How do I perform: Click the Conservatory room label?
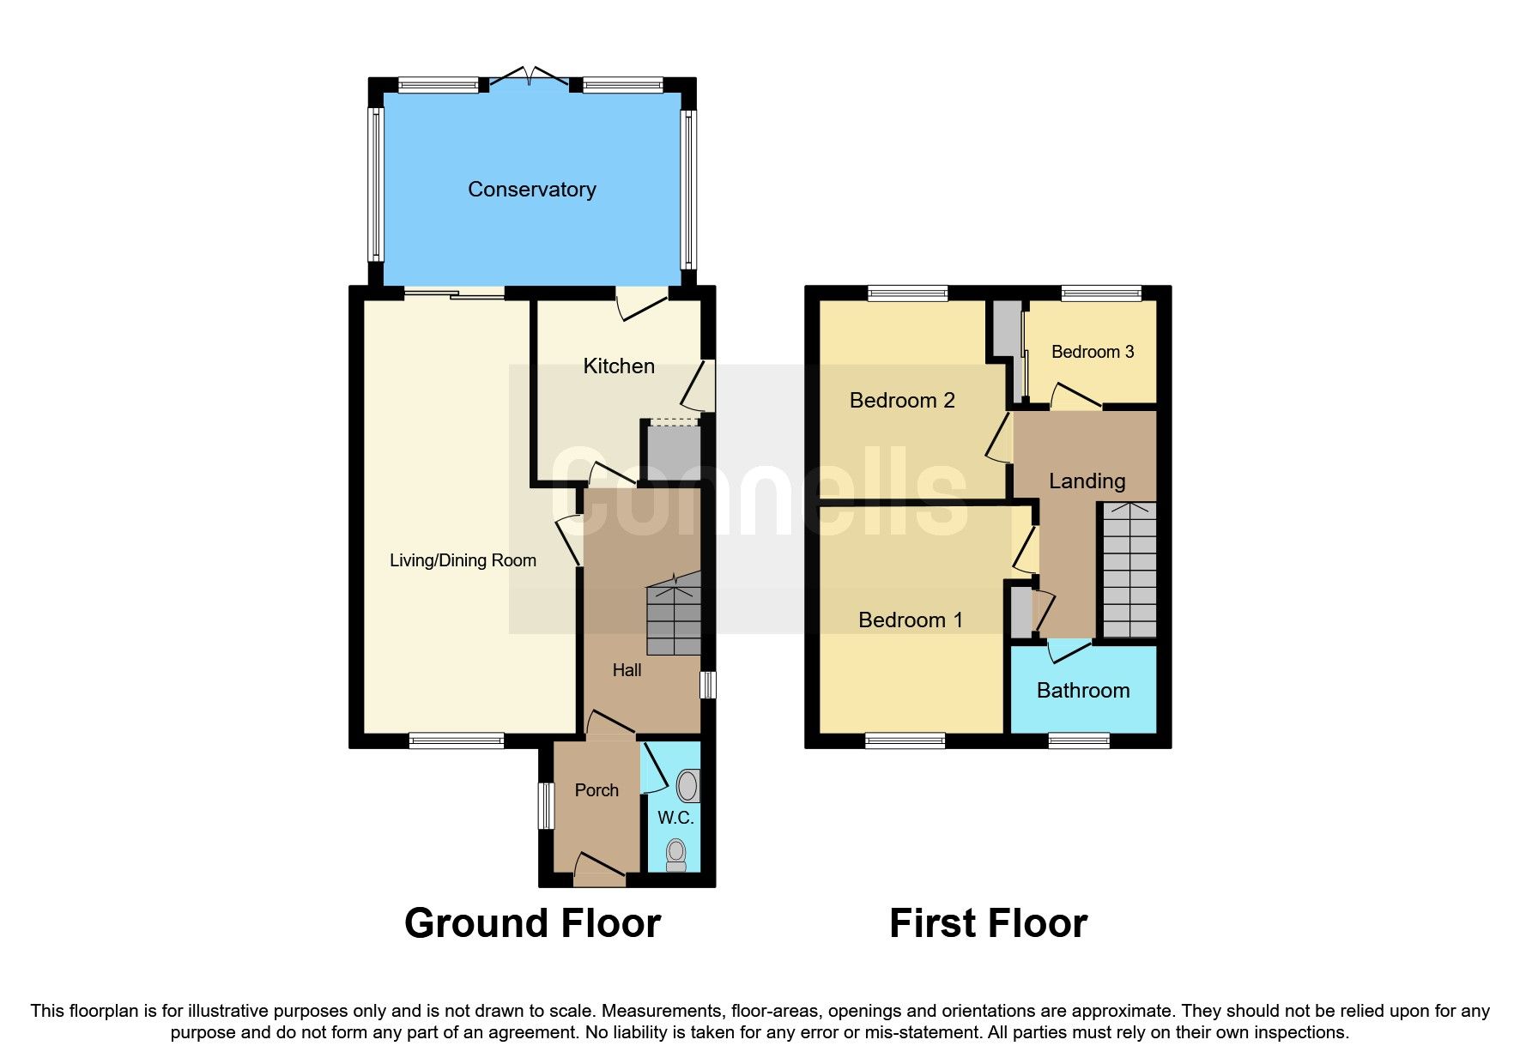(x=531, y=190)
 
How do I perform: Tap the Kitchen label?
(x=618, y=366)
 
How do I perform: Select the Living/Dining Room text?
(x=463, y=560)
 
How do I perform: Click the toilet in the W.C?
(x=676, y=854)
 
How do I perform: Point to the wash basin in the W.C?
(x=687, y=785)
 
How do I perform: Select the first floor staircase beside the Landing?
(x=1129, y=571)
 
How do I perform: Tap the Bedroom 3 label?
(x=1092, y=352)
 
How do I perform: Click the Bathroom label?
(x=1082, y=691)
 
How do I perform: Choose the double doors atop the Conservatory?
(x=530, y=77)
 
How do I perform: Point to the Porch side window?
(x=546, y=806)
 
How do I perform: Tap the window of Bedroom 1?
(x=905, y=741)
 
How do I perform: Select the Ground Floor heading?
(x=532, y=924)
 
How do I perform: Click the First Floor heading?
(x=988, y=924)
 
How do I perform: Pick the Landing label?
(x=1087, y=481)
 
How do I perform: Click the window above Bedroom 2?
(x=907, y=293)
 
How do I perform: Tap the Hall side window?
(x=708, y=685)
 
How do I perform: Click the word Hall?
(x=627, y=670)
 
